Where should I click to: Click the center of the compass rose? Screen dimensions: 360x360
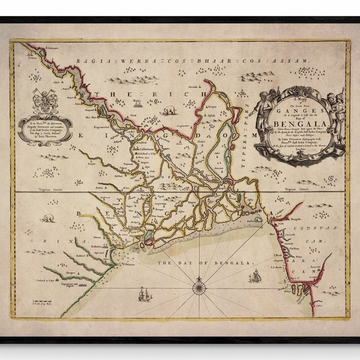click(x=199, y=289)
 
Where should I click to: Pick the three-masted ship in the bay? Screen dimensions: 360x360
click(x=145, y=294)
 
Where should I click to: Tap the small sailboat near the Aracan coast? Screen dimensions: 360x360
click(x=255, y=276)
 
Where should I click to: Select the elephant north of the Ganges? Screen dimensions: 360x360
click(x=168, y=110)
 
